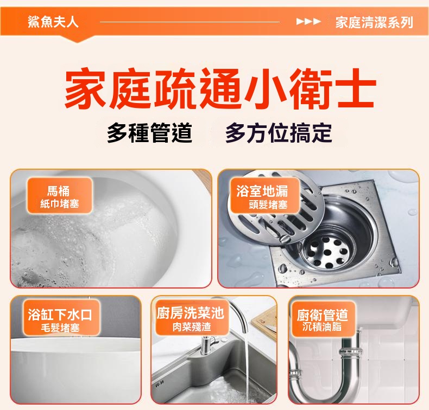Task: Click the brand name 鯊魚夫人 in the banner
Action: click(53, 22)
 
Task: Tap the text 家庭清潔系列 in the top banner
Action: click(374, 22)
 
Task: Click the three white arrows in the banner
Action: click(308, 21)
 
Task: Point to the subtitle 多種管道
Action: click(149, 133)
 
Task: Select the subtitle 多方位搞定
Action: click(279, 133)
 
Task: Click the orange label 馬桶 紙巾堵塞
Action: click(59, 196)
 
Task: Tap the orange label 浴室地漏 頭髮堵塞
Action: click(264, 196)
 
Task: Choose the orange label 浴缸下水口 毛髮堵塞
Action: click(60, 318)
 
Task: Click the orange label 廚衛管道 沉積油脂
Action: click(323, 319)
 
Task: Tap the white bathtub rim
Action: click(76, 345)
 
